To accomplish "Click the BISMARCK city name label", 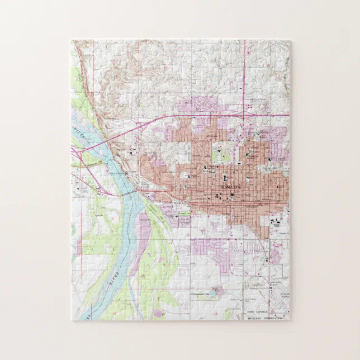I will tap(230, 184).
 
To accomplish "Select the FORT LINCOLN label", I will tap(258, 311).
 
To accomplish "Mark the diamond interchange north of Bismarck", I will tap(244, 115).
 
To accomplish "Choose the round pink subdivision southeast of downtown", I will tap(274, 254).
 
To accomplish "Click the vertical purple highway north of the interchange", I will tap(244, 78).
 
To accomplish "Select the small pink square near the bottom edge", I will tap(218, 291).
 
